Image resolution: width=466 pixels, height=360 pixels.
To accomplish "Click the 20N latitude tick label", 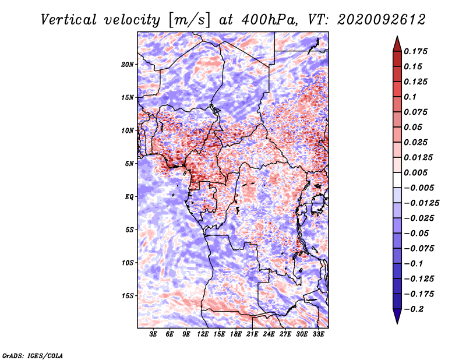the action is [128, 65].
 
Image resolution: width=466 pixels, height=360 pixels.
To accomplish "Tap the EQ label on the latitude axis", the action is [129, 197].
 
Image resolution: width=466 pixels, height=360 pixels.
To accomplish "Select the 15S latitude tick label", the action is [128, 296].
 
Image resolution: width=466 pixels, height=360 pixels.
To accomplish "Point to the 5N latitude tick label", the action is [129, 164].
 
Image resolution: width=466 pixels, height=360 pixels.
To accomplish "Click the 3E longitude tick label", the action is [153, 334].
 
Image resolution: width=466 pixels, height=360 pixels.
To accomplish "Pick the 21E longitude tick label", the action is [252, 334].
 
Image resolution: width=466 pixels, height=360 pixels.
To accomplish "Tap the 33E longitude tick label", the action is [318, 334].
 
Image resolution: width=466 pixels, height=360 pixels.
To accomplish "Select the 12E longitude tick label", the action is [203, 334].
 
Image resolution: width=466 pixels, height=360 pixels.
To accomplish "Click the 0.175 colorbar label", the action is [415, 51].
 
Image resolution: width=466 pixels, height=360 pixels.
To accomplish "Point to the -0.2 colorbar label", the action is [414, 309].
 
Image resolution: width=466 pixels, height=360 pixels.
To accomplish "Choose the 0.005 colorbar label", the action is [415, 172].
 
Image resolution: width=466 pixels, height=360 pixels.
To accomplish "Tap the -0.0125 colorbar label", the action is [421, 203].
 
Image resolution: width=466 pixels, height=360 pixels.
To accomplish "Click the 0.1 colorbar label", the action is [410, 97].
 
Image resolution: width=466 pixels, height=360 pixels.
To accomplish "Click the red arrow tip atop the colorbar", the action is [397, 36].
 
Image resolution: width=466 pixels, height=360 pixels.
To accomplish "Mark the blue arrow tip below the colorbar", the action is [397, 323].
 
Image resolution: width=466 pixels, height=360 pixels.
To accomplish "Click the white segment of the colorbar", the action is [397, 180].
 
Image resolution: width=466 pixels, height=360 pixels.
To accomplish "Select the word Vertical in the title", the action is [69, 20].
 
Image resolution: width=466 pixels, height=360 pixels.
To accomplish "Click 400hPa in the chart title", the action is [269, 20].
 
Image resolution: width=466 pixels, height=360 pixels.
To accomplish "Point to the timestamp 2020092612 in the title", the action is [382, 20].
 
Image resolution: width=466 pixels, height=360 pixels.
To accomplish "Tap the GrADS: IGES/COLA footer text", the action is [33, 355].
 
